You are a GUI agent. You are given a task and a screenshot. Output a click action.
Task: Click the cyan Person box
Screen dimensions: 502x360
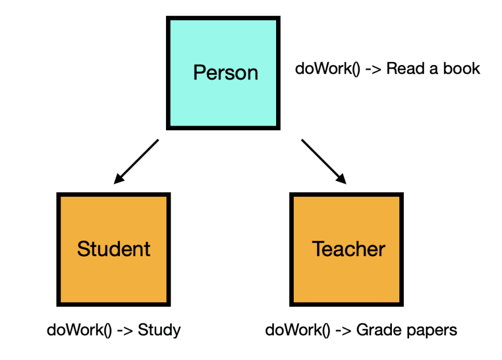223,73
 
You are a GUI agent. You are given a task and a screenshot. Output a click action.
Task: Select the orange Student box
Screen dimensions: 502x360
114,249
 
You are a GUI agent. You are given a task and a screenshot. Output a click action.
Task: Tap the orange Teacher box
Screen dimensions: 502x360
346,249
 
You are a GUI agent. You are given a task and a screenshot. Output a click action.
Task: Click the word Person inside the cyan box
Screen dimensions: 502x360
226,72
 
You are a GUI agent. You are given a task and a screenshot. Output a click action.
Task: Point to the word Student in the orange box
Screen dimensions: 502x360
114,249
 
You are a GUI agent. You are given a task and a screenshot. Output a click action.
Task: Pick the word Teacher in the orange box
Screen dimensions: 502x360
349,249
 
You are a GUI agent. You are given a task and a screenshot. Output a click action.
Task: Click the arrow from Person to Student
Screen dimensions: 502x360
136,162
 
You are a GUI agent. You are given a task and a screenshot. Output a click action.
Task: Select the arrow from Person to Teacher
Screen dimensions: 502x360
324,162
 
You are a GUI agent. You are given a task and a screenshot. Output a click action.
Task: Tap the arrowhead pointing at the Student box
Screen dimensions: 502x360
119,179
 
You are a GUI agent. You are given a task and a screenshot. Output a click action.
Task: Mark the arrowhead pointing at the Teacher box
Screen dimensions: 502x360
341,179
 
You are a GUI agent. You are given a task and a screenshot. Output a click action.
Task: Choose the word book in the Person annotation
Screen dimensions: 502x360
461,68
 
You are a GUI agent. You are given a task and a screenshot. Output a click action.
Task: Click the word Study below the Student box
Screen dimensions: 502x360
159,330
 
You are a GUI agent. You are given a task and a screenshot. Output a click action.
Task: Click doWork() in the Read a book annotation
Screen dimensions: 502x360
327,68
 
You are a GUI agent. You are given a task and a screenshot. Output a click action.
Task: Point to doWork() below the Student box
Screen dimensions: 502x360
79,330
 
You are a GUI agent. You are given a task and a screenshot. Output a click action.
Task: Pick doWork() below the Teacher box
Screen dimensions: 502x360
298,330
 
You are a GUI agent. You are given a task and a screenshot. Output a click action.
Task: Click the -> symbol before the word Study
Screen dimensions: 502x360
125,330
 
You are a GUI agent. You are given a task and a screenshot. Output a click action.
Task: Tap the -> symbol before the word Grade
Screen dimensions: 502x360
343,330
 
